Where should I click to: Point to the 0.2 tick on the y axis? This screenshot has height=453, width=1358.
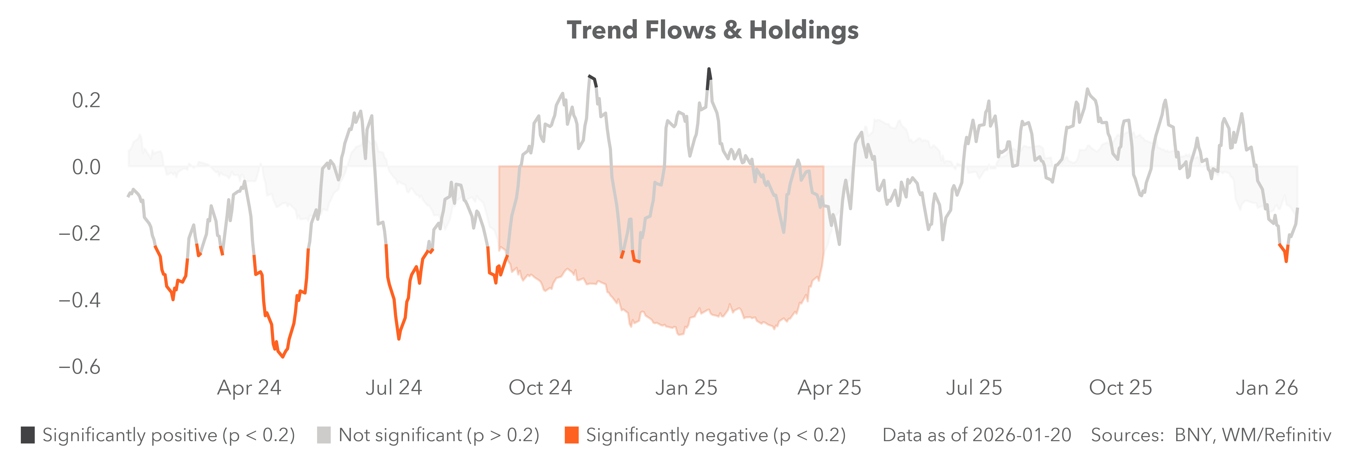pos(86,100)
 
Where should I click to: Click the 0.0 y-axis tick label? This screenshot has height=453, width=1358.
pos(86,167)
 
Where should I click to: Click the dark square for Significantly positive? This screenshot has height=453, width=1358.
pos(28,435)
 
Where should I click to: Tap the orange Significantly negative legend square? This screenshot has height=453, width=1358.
pos(571,435)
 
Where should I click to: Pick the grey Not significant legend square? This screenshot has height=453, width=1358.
pos(324,435)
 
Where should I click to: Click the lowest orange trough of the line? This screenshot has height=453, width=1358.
pos(283,357)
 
